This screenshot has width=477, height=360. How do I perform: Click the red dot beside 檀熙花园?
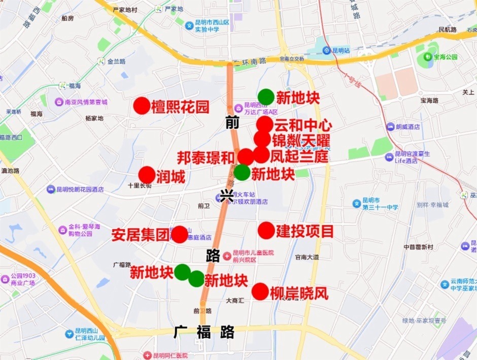[142, 106]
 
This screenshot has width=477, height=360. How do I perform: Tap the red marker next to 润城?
[147, 175]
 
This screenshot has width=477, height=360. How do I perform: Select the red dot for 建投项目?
[266, 230]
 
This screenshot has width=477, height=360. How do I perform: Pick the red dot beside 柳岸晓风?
[260, 291]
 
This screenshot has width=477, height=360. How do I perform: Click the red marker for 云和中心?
[264, 124]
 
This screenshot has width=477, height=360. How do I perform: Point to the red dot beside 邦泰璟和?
[246, 157]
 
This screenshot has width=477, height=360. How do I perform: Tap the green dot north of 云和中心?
[266, 96]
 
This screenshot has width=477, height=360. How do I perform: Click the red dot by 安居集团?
[179, 234]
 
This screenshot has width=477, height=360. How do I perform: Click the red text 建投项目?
[305, 231]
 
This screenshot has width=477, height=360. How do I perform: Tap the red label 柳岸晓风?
[299, 293]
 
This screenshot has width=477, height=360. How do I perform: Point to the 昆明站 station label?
[340, 50]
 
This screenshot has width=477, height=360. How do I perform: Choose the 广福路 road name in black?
[204, 332]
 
